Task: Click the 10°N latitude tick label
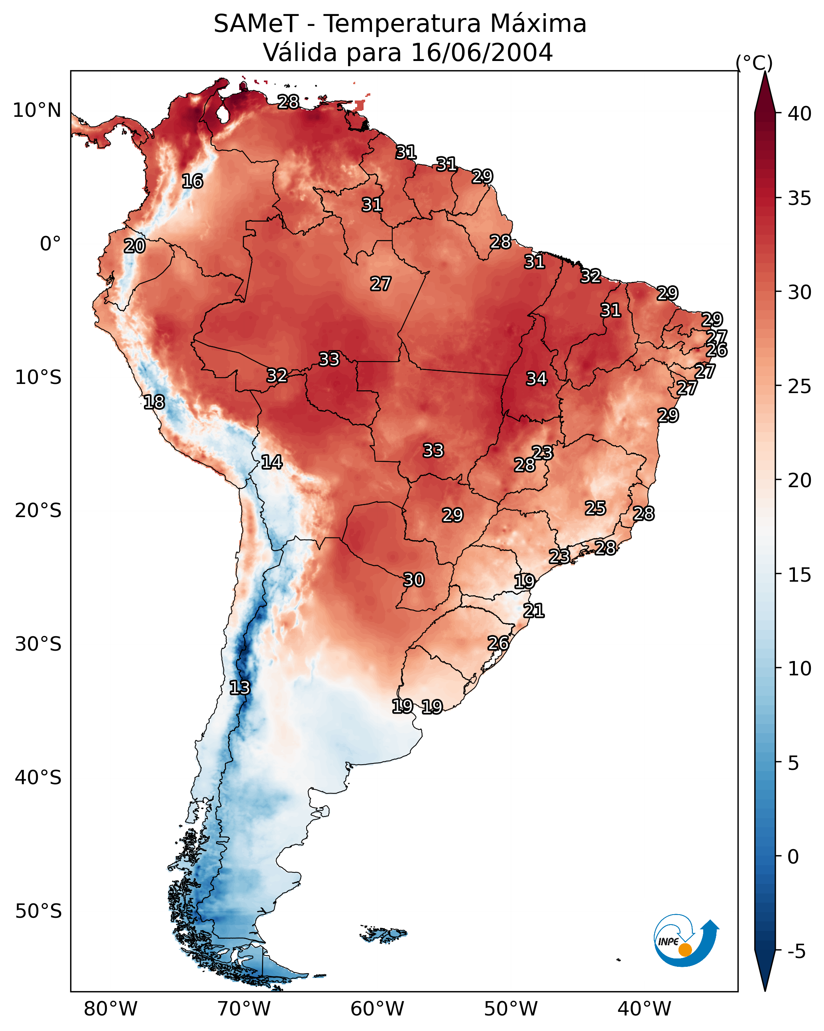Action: [x=37, y=110]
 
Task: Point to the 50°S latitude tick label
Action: [x=38, y=911]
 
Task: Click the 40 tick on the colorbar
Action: [x=800, y=114]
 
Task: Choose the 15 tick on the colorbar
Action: [x=800, y=575]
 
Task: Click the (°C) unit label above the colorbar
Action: [x=754, y=63]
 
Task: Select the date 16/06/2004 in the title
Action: [x=482, y=53]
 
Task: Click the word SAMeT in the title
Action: [x=256, y=24]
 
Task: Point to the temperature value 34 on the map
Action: [x=536, y=379]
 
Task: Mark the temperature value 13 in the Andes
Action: [x=239, y=688]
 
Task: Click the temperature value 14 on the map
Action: [x=271, y=462]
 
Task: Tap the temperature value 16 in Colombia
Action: [x=192, y=181]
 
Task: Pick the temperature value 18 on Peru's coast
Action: [x=154, y=402]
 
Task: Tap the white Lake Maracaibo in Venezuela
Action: [x=222, y=114]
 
